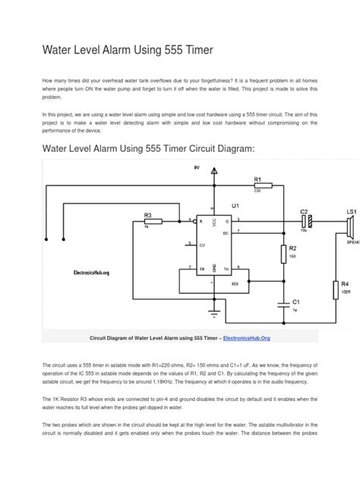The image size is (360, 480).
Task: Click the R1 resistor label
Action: click(x=257, y=180)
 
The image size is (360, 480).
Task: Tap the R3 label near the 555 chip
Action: click(x=147, y=216)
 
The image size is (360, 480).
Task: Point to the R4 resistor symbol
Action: click(x=335, y=289)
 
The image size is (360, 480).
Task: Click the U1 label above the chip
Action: click(x=235, y=205)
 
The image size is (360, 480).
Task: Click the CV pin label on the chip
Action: click(x=201, y=245)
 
